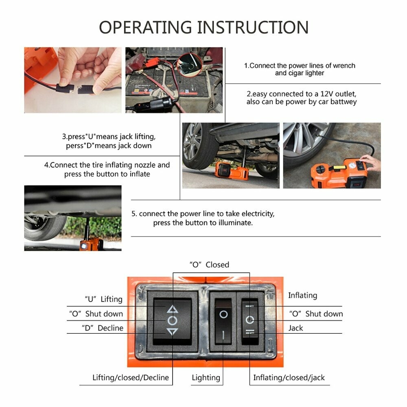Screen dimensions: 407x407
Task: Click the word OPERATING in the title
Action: [145, 27]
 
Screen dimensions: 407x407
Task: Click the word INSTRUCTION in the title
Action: [253, 27]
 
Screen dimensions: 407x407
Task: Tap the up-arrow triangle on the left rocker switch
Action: [172, 309]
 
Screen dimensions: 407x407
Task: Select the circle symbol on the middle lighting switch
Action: [223, 315]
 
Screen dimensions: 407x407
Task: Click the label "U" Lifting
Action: [103, 299]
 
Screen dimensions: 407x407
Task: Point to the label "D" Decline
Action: [103, 328]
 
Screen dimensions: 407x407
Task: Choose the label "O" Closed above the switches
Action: [209, 265]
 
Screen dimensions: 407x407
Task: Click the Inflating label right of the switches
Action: [303, 295]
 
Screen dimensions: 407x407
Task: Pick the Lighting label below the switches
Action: [206, 378]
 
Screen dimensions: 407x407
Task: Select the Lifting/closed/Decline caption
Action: [131, 377]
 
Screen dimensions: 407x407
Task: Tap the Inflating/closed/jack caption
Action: [289, 378]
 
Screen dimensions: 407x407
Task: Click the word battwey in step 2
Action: [344, 102]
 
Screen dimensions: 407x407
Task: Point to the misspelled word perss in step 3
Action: [75, 146]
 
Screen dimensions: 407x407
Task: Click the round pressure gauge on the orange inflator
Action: [352, 166]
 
